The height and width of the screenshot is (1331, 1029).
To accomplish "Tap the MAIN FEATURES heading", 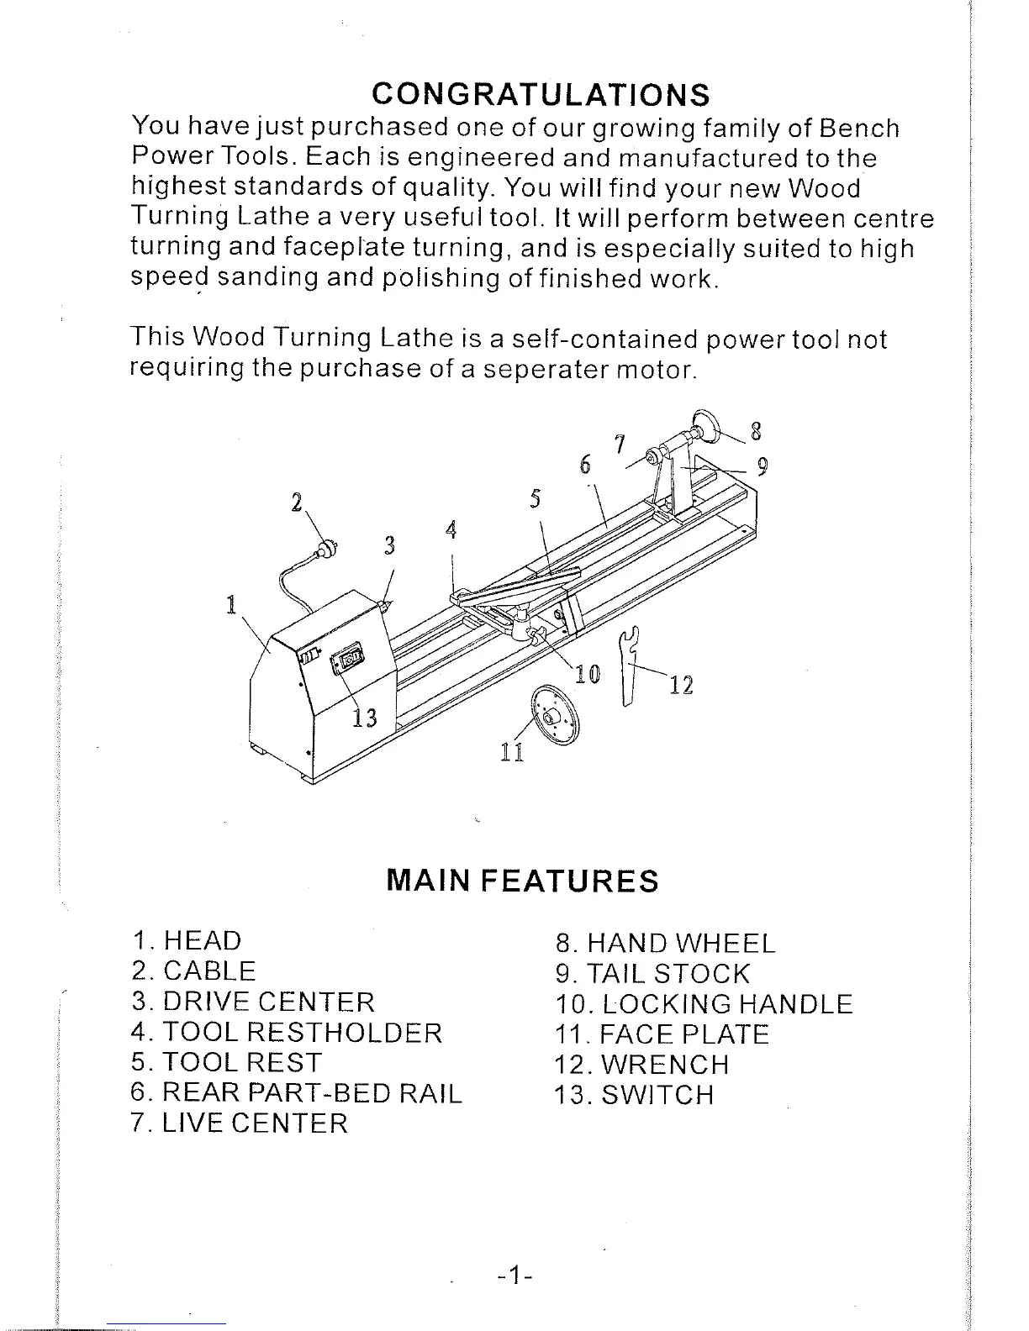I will (521, 880).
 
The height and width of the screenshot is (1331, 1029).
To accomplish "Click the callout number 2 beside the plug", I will (295, 502).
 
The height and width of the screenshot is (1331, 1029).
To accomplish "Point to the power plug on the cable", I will (328, 549).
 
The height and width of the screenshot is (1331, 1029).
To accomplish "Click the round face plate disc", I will (555, 715).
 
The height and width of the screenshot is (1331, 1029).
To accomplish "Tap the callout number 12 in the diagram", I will (682, 686).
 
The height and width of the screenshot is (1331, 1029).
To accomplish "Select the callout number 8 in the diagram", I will (756, 433).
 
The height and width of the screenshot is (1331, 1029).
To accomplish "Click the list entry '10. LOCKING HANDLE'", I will (704, 1004).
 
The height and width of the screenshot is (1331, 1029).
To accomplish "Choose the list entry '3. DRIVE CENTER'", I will (253, 1002).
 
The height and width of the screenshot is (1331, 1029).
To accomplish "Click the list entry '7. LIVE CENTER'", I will (240, 1123).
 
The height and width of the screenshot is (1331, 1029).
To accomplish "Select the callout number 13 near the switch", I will (364, 718).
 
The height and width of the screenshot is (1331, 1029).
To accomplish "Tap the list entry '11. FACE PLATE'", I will (662, 1034).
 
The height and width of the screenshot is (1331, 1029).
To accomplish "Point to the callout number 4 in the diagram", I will (451, 530).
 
